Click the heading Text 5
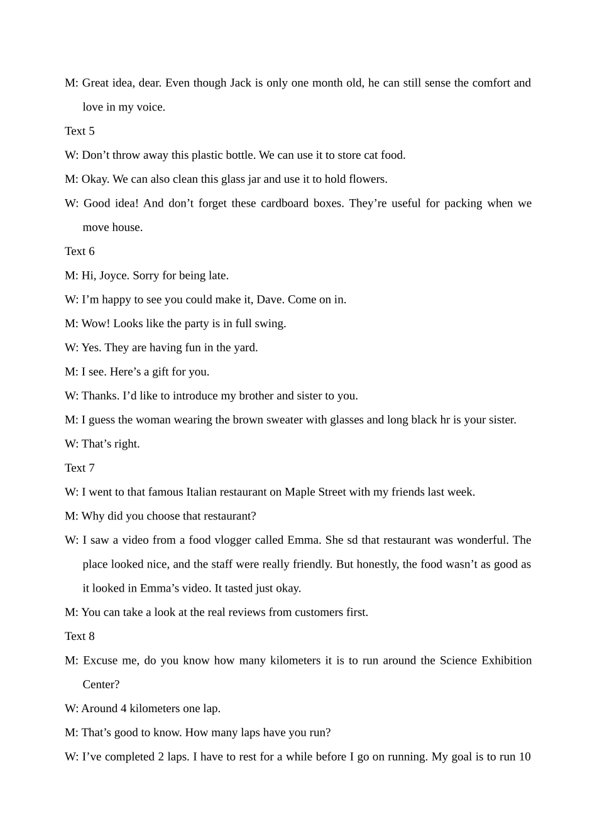(79, 131)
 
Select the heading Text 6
(79, 251)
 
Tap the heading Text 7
(79, 468)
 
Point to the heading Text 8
(79, 636)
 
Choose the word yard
(245, 348)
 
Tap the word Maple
(300, 492)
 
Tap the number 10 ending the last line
(524, 757)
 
